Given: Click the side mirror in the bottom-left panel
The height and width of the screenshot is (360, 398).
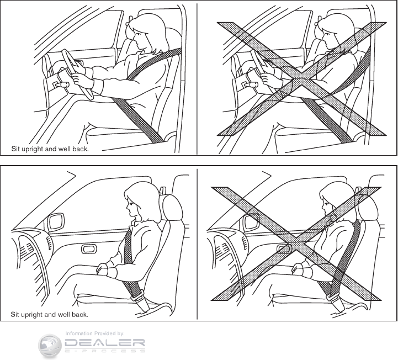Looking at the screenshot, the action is click(x=56, y=221).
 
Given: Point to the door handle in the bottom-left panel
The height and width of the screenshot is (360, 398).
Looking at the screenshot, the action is click(x=89, y=249).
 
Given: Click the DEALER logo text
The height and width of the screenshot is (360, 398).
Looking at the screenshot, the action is click(x=105, y=343).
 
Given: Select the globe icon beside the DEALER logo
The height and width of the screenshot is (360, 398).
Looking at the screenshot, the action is click(x=50, y=346).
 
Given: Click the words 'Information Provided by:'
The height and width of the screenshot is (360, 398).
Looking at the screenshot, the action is click(x=95, y=333).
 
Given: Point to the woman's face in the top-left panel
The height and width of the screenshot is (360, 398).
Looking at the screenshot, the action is click(x=139, y=38).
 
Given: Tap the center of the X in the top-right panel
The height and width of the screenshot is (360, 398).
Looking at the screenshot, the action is click(x=301, y=79).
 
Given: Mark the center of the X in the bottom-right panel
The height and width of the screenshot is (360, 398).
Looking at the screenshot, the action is click(x=296, y=243).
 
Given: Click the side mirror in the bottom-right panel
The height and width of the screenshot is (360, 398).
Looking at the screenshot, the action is click(x=252, y=221).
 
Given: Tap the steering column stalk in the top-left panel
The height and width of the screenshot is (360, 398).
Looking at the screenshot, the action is click(x=60, y=84).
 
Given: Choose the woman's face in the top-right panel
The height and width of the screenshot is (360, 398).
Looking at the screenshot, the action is click(x=327, y=38).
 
